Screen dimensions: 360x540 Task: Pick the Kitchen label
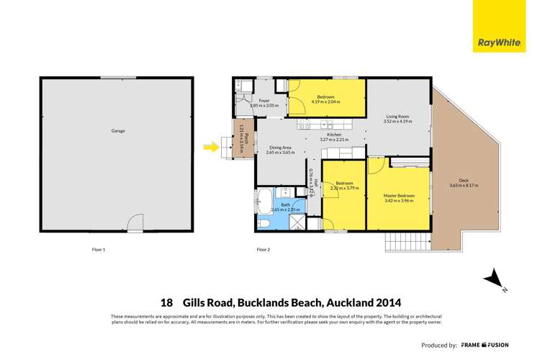coord(334,135)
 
